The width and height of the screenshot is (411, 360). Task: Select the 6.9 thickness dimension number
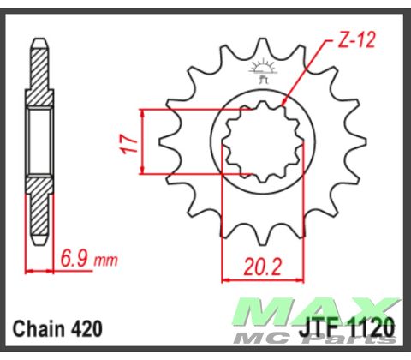pos(74,258)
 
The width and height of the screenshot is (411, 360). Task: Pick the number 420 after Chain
pos(86,328)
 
